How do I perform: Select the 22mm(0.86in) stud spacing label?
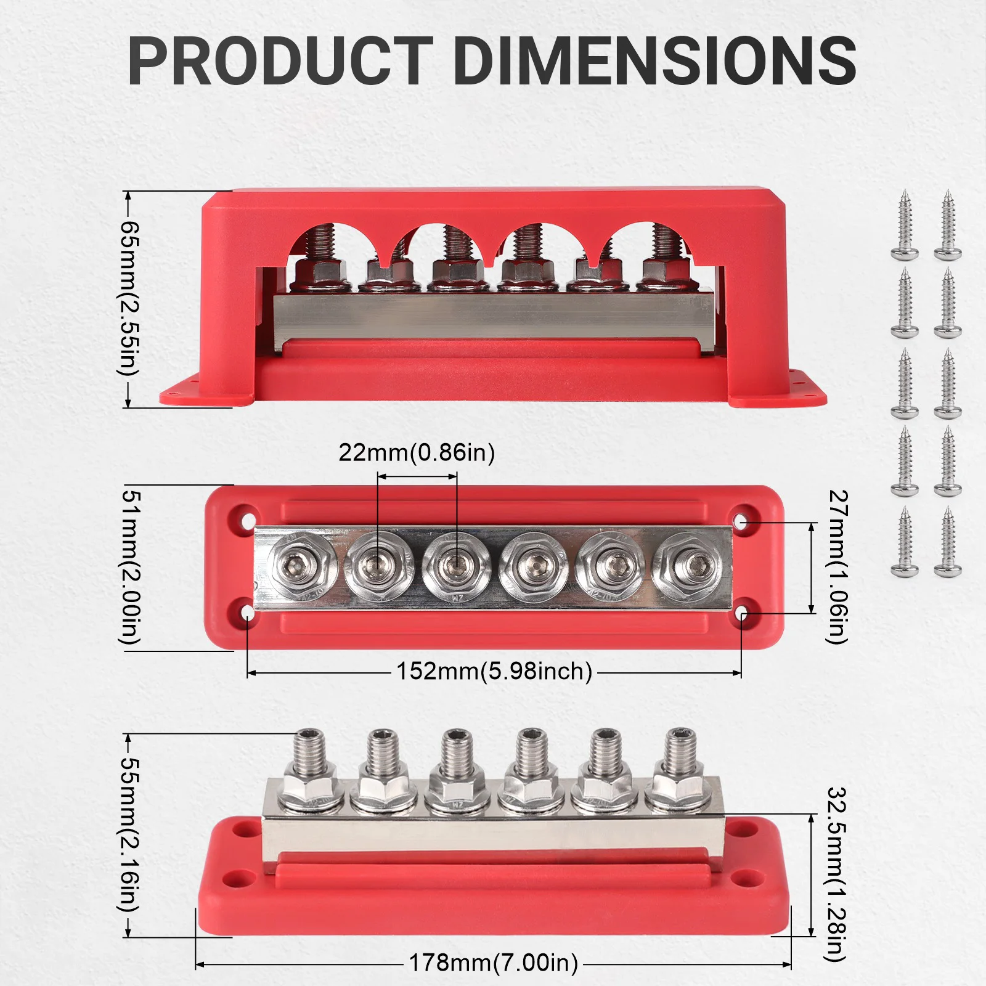pyautogui.click(x=417, y=453)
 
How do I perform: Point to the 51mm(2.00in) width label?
pyautogui.click(x=130, y=568)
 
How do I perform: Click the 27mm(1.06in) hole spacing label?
pyautogui.click(x=837, y=567)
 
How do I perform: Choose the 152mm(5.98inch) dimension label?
pyautogui.click(x=494, y=671)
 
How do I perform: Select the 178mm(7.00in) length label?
pyautogui.click(x=494, y=962)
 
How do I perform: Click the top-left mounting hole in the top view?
pyautogui.click(x=249, y=516)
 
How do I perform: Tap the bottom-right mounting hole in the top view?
pyautogui.click(x=741, y=614)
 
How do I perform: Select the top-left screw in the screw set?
pyautogui.click(x=905, y=226)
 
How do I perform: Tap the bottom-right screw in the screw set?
pyautogui.click(x=948, y=542)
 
